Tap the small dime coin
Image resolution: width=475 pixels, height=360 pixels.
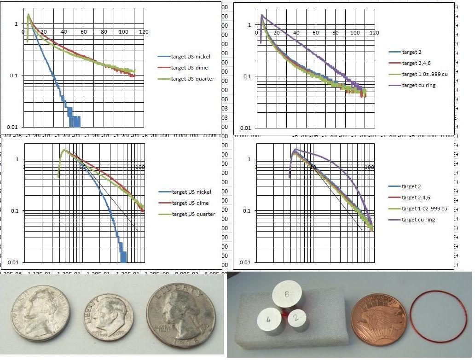click(x=109, y=317)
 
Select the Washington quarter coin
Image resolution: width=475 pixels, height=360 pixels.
click(x=180, y=315)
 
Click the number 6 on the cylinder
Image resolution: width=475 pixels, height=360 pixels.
click(x=287, y=294)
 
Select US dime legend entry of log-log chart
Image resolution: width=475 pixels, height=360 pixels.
click(x=190, y=203)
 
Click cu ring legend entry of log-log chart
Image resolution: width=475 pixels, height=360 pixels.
click(x=418, y=220)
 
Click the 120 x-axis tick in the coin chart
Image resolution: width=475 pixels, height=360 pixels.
click(x=144, y=32)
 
